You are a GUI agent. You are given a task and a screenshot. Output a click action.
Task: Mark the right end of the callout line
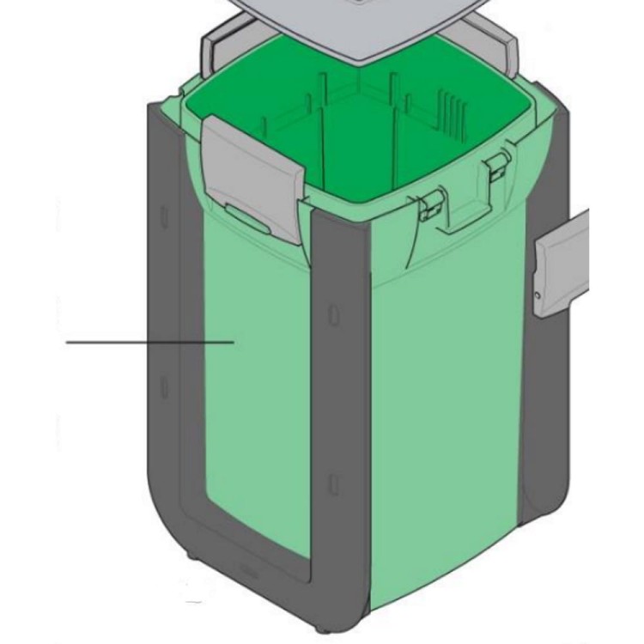coord(234,342)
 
